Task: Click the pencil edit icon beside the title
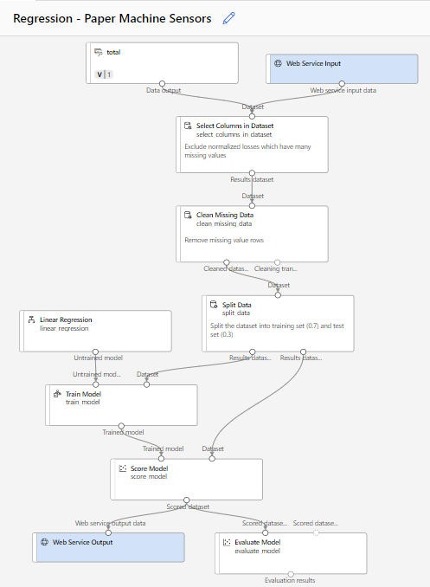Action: pyautogui.click(x=228, y=17)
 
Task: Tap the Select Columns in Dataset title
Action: pyautogui.click(x=234, y=126)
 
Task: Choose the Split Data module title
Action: pyautogui.click(x=231, y=305)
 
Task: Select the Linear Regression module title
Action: pyautogui.click(x=66, y=319)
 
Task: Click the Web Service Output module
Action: pyautogui.click(x=108, y=543)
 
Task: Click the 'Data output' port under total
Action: pyautogui.click(x=162, y=84)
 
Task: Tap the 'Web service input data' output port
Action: pyautogui.click(x=343, y=84)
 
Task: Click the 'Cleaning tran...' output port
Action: pyautogui.click(x=278, y=261)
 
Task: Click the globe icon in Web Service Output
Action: pyautogui.click(x=44, y=542)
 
